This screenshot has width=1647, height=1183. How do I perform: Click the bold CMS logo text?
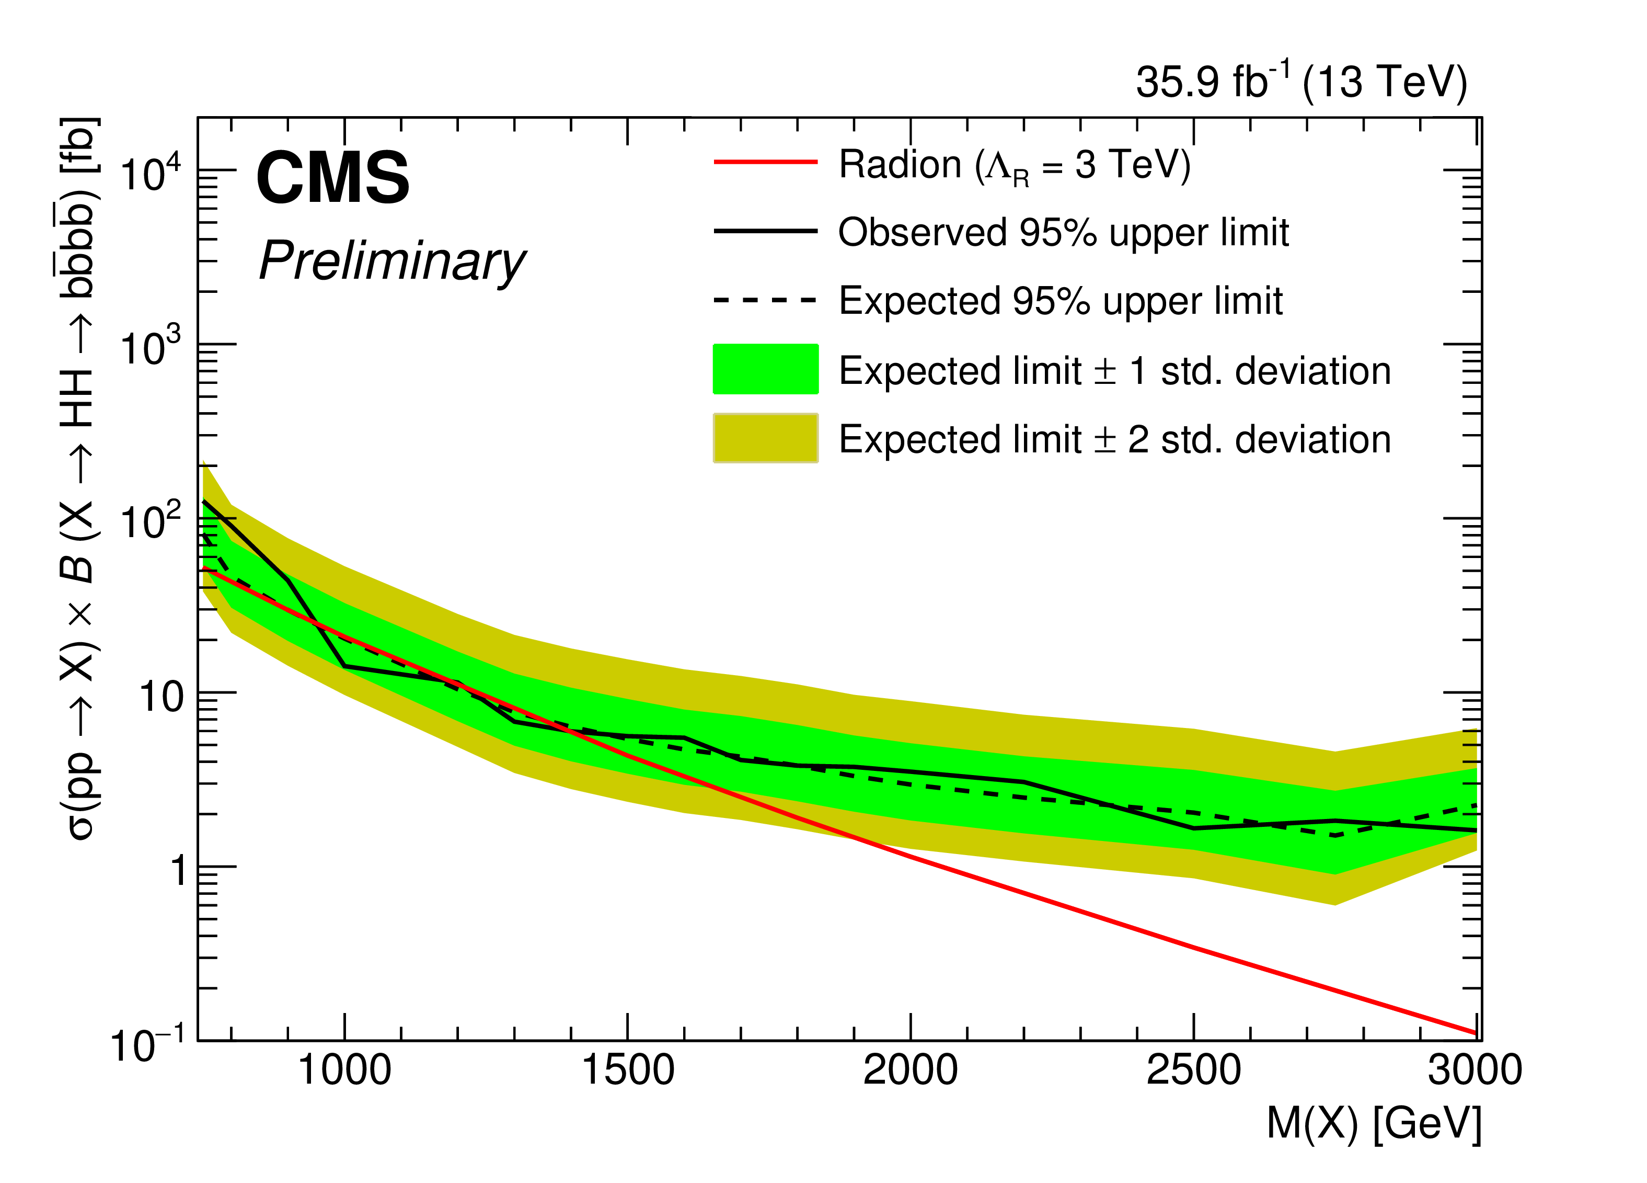coord(332,177)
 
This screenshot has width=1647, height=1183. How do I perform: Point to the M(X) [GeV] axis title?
coord(1373,1123)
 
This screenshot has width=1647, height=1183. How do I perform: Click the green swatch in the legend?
coord(765,369)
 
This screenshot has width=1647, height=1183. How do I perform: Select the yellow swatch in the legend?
coord(765,438)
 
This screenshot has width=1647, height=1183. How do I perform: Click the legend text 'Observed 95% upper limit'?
coord(1063,233)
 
